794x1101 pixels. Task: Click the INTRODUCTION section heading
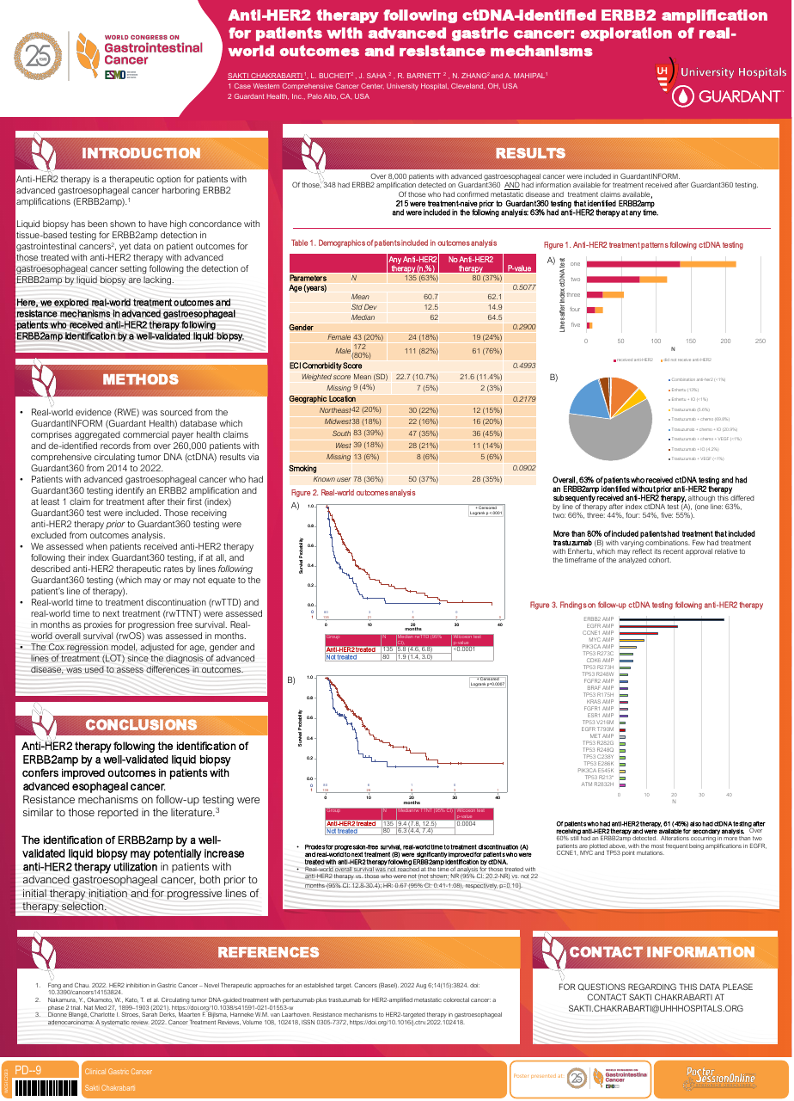point(140,154)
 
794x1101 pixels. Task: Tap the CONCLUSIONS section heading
point(141,725)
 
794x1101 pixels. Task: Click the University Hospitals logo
point(720,72)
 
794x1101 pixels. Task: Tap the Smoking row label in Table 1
point(303,468)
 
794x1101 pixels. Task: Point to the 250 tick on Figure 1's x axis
point(760,341)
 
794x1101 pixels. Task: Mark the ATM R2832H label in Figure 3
point(597,784)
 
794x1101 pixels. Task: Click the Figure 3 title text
point(645,606)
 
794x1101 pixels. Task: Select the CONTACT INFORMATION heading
point(661,952)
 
